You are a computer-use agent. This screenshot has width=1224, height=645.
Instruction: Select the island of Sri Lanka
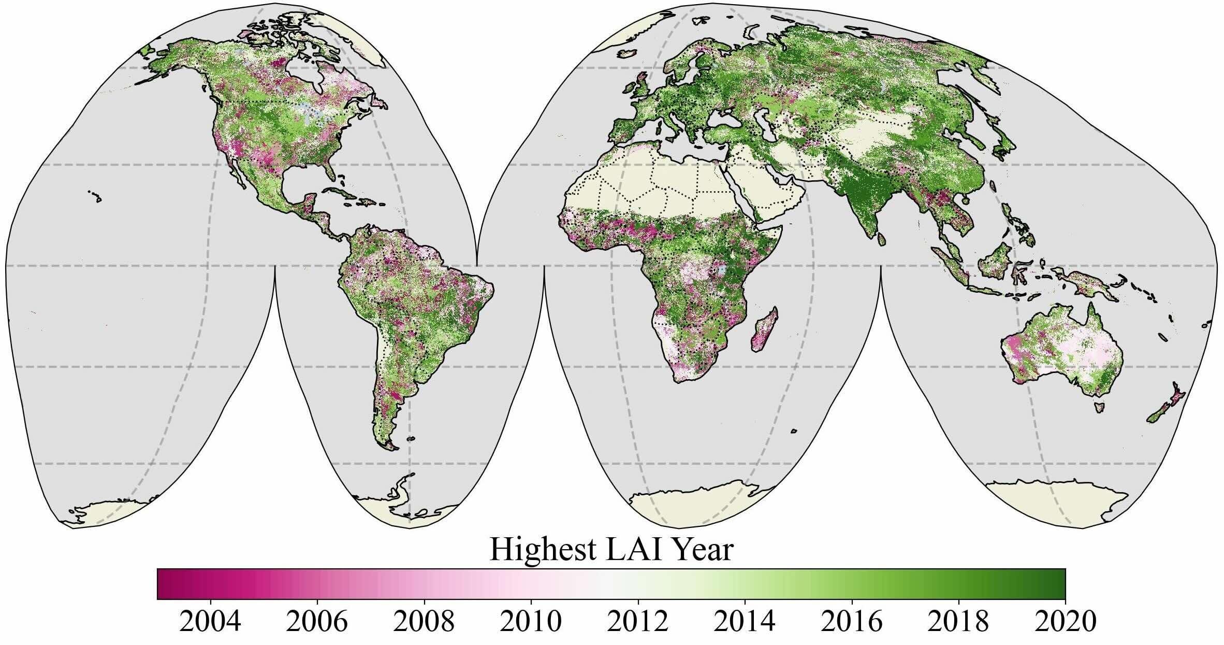(x=880, y=238)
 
